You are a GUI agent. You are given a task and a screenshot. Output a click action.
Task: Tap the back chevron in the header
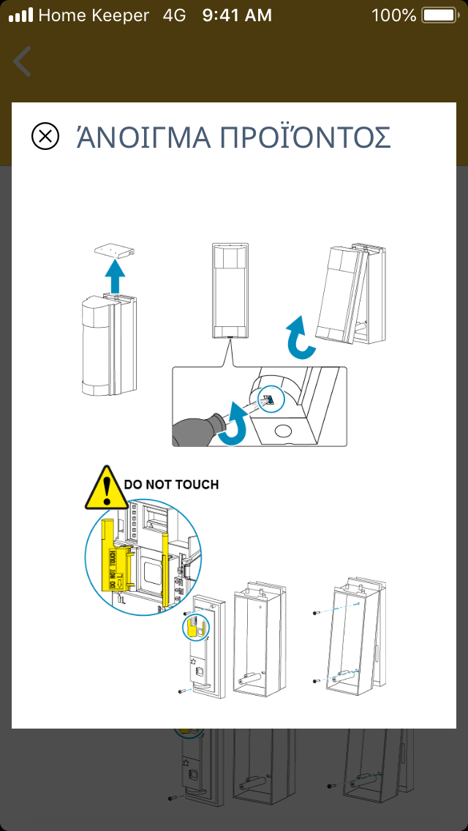point(23,61)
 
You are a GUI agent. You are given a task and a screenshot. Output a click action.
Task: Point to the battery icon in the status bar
point(439,15)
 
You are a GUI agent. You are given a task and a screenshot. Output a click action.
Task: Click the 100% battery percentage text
point(393,15)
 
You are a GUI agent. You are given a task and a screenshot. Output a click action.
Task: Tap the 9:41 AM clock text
point(237,15)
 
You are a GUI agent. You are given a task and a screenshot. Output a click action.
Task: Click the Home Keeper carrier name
point(94,15)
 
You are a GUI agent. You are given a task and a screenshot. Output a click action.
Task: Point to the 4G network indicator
point(175,15)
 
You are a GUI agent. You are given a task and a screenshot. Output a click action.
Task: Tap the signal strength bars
point(21,15)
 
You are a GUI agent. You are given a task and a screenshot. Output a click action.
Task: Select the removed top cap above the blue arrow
point(116,250)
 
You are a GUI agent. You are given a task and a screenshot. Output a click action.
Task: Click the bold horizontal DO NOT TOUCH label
point(171,484)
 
